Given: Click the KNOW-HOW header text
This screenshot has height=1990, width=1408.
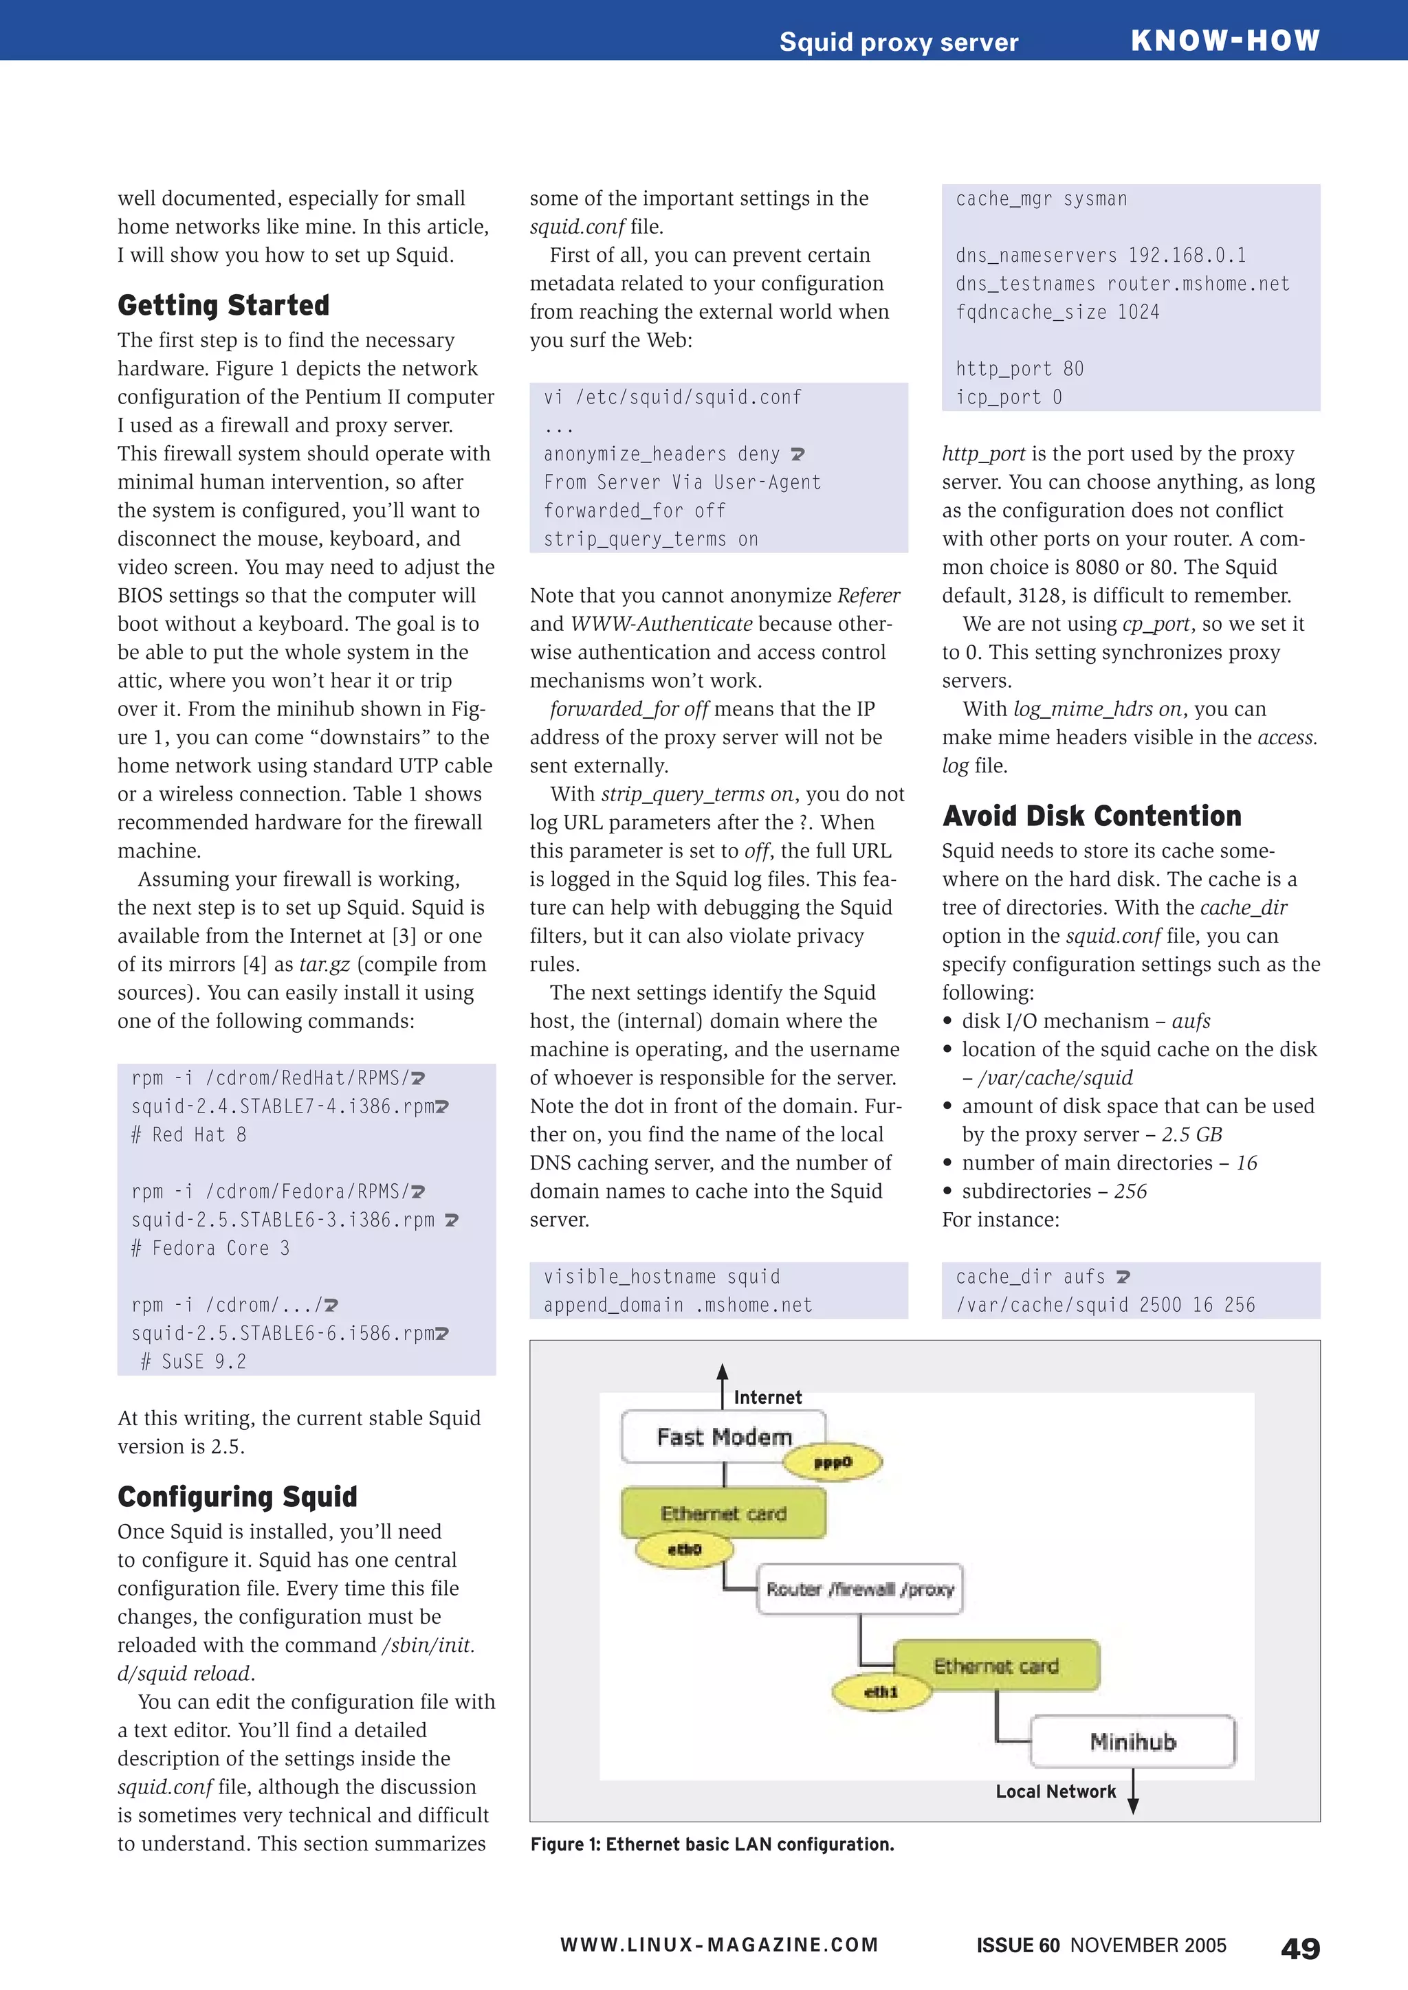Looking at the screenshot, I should (x=1224, y=40).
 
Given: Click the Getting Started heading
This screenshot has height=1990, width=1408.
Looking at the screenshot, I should (x=223, y=305).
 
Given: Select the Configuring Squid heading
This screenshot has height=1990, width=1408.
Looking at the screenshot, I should (x=238, y=1497).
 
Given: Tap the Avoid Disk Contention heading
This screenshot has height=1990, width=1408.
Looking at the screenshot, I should (x=1092, y=816).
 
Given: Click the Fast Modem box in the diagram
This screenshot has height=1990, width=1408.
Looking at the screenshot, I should (x=723, y=1437).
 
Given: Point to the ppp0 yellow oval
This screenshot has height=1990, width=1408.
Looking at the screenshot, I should (x=833, y=1463).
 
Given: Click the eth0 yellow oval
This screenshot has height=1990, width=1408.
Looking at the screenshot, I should (x=684, y=1549).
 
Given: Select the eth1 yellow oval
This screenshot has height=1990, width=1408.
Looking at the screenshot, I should (x=881, y=1691).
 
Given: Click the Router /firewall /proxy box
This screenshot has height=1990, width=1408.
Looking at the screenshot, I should (x=859, y=1589).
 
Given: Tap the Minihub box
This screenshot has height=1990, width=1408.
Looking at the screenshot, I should (x=1132, y=1741).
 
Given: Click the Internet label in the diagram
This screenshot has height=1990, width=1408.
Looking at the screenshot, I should (x=767, y=1397).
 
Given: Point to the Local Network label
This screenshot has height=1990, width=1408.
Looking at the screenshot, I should (x=1055, y=1791).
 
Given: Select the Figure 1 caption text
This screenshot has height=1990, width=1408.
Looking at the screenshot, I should (x=712, y=1844).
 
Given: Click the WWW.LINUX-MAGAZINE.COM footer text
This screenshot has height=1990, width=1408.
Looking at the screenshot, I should (x=718, y=1945).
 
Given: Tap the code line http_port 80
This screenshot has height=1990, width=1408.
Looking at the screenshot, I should (x=1020, y=369).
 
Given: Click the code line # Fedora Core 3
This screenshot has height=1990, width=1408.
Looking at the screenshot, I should (x=210, y=1248).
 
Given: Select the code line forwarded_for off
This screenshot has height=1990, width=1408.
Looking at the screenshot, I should (x=634, y=511).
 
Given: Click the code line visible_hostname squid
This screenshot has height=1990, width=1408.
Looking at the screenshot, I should (x=661, y=1277).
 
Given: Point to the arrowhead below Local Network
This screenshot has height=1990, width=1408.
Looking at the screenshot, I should (x=1132, y=1807).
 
